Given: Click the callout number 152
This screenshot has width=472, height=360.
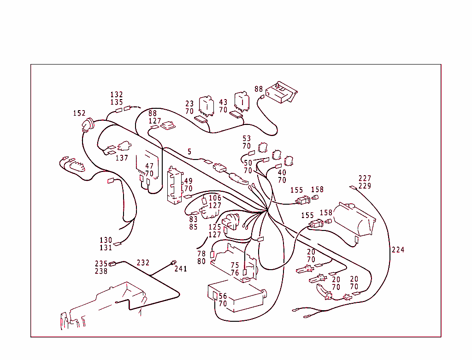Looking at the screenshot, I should coord(79,113).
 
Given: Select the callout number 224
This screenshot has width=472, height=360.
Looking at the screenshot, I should coord(398,250).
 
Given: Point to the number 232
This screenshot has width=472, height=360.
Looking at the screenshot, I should coord(143,263).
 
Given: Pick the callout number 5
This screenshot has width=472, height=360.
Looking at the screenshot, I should coord(189,151).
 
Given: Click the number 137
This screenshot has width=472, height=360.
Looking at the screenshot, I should coord(122,158).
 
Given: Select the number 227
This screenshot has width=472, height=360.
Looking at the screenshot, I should coord(365,178).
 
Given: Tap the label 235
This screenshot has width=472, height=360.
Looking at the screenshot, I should coord(101,264).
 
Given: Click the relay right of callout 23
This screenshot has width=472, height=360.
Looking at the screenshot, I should coord(206,105).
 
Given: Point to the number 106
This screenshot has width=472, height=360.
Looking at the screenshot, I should coord(215,198).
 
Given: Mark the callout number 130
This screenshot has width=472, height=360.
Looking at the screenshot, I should coord(106,240).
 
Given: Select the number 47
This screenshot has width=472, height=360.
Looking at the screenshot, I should coord(149,166).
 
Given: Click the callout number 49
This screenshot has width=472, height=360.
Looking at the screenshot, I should coord(188,181).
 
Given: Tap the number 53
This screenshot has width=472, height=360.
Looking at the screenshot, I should coord(247,138).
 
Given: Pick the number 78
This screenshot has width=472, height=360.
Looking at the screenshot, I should coord(201,254).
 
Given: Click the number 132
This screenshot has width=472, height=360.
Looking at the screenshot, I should coord(117,95).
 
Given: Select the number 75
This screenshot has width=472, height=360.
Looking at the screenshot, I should coord(235,266).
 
